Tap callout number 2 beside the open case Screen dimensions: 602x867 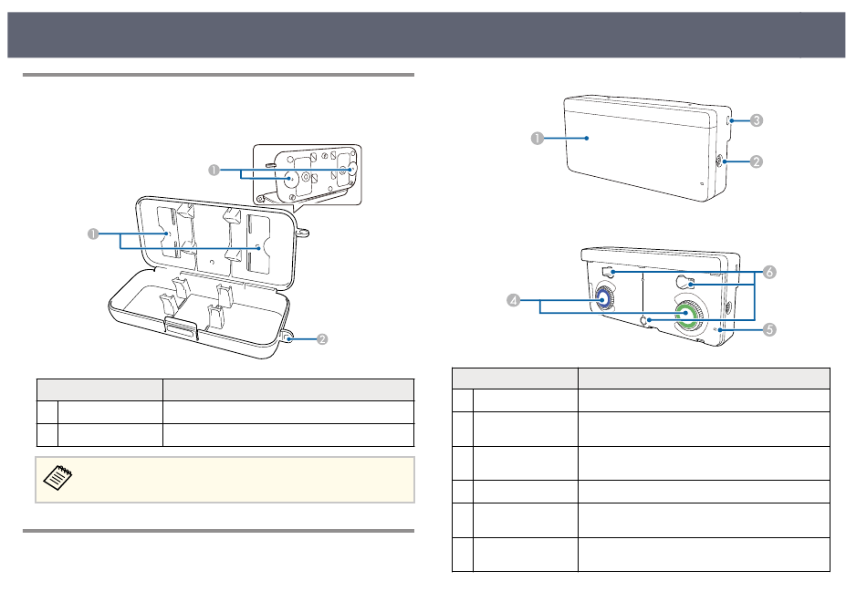tap(321, 339)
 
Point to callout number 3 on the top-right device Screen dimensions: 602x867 tap(757, 119)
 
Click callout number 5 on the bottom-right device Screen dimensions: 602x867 tap(769, 329)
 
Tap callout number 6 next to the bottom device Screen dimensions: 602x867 tap(769, 273)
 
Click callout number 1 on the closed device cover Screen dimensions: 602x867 tap(537, 138)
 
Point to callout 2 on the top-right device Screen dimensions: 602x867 tap(757, 161)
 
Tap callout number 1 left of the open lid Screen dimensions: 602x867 tap(93, 234)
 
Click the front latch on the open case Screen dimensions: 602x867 tap(179, 329)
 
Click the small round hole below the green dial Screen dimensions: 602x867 tap(648, 321)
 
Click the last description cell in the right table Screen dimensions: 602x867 tap(703, 554)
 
